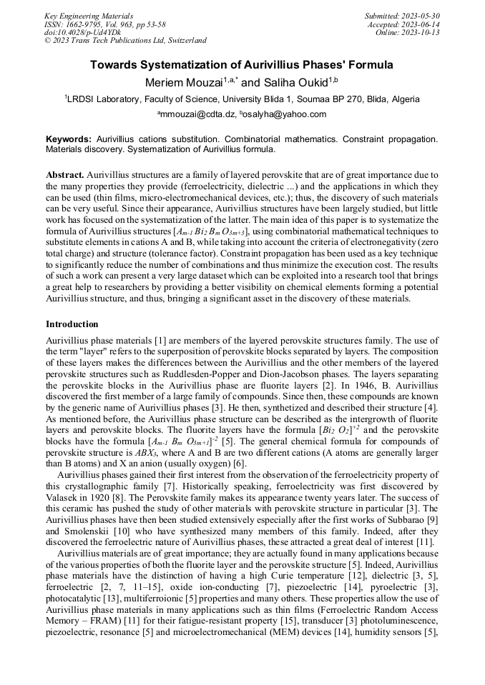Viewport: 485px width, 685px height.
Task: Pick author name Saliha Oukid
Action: tap(293, 82)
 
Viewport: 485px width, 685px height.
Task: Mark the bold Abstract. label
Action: tap(65, 174)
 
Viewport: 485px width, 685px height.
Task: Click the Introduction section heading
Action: tap(72, 324)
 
